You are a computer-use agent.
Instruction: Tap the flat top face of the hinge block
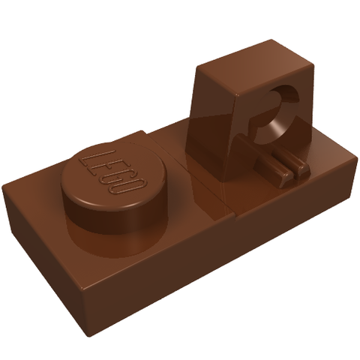(x=255, y=67)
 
